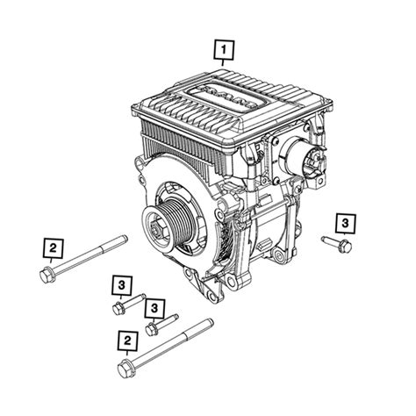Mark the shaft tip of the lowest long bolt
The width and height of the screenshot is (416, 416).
click(x=212, y=321)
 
